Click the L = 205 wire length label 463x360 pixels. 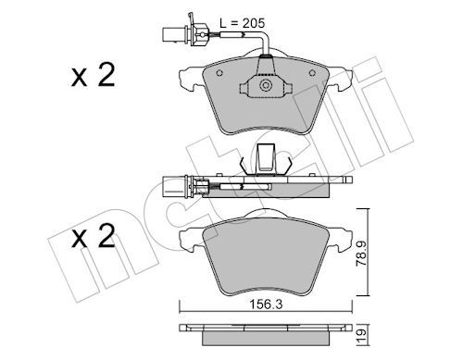pos(243,23)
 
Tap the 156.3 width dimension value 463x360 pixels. pos(266,304)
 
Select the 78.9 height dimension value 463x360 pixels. pos(361,254)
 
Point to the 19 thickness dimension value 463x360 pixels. pos(362,333)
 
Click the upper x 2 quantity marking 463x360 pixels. pos(93,75)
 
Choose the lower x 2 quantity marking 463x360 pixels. pos(93,236)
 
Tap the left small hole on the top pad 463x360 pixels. pos(219,73)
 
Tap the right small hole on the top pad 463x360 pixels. pos(312,73)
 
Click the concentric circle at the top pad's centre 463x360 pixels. pos(266,85)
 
